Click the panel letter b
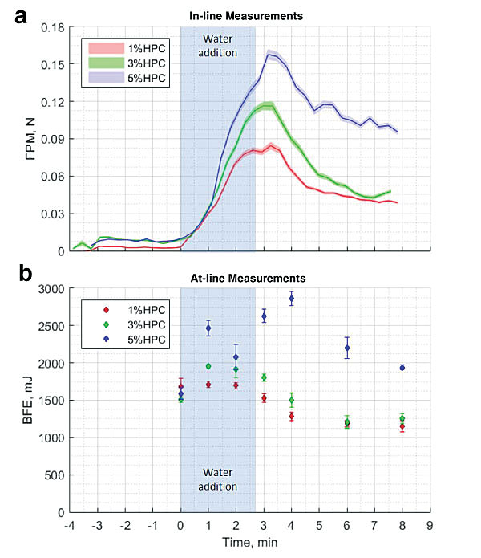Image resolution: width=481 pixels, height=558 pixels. pos(24,275)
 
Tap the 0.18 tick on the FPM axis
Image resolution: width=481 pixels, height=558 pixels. pos(51,27)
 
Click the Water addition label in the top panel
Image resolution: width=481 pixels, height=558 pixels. pos(218,46)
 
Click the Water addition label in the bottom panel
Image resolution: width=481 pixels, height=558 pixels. pos(218,479)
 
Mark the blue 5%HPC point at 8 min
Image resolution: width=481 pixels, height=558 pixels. pos(402,368)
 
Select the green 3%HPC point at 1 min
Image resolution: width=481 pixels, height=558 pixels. pos(208,366)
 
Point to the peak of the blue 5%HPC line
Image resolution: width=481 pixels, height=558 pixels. pos(269,55)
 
